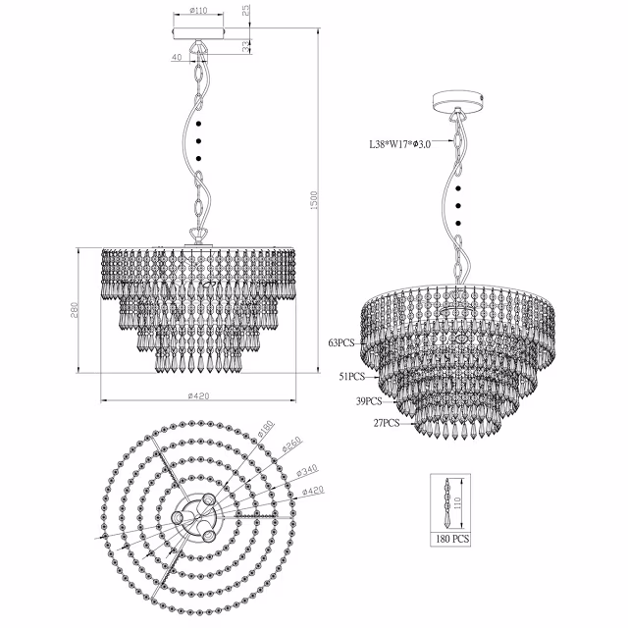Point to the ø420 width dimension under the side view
[198, 395]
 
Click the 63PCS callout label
[341, 344]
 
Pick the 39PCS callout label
[369, 401]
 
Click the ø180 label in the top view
[266, 430]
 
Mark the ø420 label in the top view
[312, 491]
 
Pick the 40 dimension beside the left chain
[177, 58]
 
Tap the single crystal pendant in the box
[449, 500]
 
